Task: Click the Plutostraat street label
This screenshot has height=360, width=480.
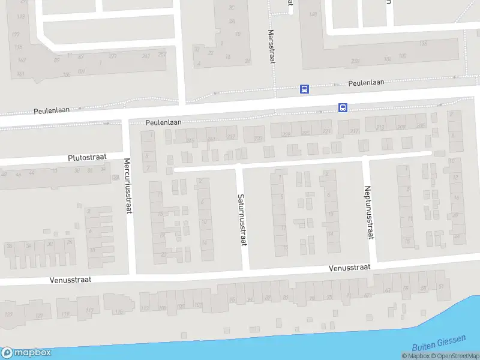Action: (x=88, y=157)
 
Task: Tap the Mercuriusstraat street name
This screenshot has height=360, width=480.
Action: (x=127, y=185)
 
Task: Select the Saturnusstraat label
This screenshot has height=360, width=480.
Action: (x=242, y=219)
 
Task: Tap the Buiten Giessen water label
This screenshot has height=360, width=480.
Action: (x=439, y=343)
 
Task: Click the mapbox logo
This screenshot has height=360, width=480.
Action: (x=26, y=353)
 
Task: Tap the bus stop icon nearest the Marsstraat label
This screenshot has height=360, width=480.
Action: (x=305, y=89)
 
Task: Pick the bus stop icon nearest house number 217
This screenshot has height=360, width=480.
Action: (x=343, y=108)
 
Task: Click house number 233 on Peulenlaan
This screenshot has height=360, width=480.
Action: (x=258, y=139)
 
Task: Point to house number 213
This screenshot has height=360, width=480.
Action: (x=379, y=127)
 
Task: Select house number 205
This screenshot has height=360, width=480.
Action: (x=420, y=125)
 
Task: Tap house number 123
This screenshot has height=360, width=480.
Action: (x=8, y=315)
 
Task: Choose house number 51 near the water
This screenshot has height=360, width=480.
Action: (x=441, y=286)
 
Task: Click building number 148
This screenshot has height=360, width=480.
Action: (x=313, y=15)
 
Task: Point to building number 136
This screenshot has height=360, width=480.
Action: (x=423, y=43)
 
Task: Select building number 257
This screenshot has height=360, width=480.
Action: (x=161, y=55)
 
